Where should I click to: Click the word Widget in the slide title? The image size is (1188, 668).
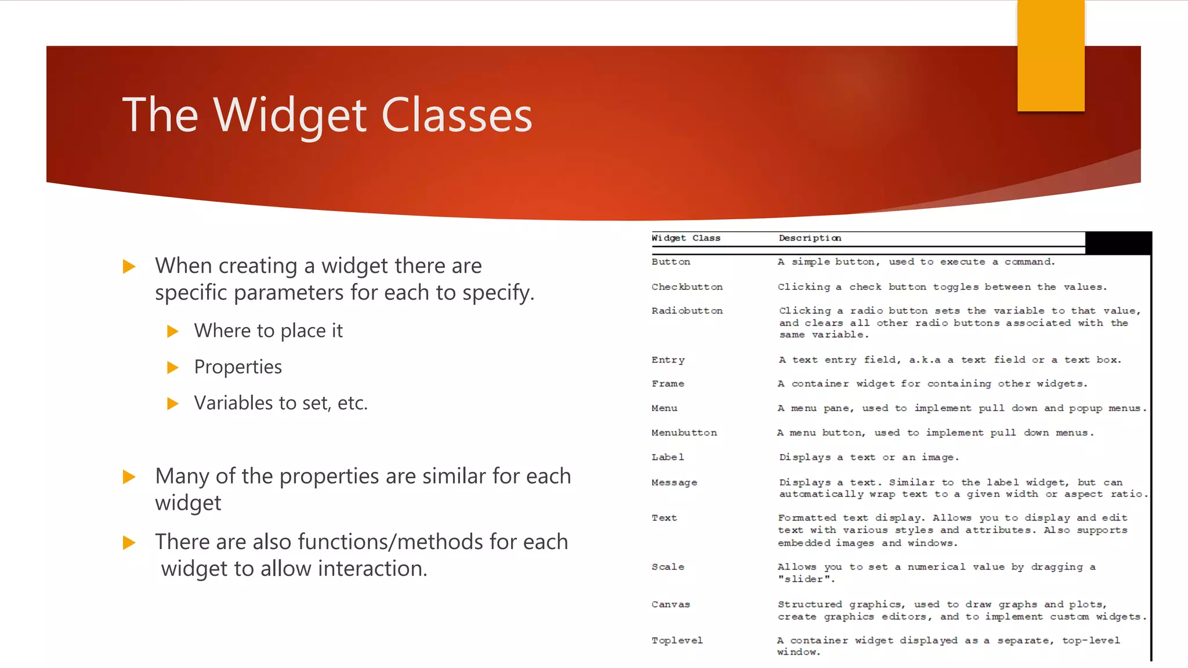(290, 115)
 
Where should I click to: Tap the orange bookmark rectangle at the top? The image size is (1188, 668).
(1051, 56)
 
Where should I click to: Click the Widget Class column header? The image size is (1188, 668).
(686, 238)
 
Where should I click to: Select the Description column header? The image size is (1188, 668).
(810, 238)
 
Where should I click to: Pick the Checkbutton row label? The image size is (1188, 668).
(687, 287)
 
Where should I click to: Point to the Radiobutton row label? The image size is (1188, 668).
(687, 311)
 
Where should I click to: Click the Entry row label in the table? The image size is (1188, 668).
(668, 360)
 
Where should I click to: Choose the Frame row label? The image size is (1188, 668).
(668, 384)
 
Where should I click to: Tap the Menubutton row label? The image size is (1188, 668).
(684, 433)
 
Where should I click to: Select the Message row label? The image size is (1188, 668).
(674, 482)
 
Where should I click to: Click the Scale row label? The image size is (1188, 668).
(668, 567)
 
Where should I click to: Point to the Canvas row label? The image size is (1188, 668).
(671, 605)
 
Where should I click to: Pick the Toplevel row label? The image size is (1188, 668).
(677, 641)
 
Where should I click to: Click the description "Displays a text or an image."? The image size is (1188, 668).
(868, 458)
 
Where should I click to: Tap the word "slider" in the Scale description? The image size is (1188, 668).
(804, 579)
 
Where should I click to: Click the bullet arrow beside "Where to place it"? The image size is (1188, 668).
(172, 331)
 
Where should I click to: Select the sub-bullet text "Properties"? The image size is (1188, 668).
(238, 367)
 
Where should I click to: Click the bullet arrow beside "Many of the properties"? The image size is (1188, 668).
(129, 477)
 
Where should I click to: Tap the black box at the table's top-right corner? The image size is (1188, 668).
(1118, 243)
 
